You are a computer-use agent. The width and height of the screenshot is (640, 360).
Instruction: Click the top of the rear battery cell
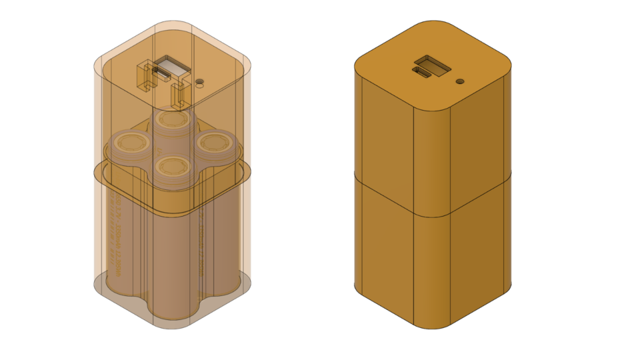pos(173,120)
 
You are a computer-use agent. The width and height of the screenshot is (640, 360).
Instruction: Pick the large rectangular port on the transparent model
pos(172,67)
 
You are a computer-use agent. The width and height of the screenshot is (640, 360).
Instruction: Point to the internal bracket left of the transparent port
pos(144,75)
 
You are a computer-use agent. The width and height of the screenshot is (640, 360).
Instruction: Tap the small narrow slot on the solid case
pos(422,71)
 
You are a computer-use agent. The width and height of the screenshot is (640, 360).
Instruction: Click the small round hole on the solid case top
pos(460,81)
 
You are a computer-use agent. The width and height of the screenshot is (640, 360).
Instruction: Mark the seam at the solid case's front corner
pos(433,217)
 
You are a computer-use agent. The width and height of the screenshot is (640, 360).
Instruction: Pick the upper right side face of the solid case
pos(480,133)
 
